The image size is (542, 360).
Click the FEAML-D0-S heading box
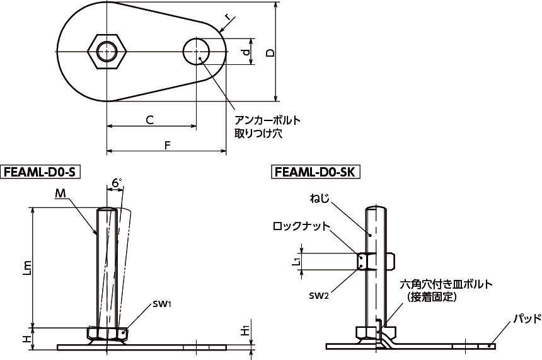[x=40, y=172]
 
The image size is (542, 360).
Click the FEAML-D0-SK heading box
[x=315, y=172]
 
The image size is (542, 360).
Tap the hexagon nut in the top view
[x=107, y=52]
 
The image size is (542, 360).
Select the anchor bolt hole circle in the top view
[x=196, y=51]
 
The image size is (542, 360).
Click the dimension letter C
[x=149, y=120]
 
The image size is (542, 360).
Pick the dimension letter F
[x=167, y=146]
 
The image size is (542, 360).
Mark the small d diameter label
[x=246, y=52]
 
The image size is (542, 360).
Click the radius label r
[x=227, y=16]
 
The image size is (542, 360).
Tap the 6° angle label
[x=117, y=182]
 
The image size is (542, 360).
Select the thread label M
[x=61, y=194]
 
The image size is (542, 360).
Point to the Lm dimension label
[x=28, y=267]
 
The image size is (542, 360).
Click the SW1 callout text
[x=163, y=305]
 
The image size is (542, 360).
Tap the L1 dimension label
[x=296, y=261]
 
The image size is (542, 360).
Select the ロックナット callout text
[x=301, y=226]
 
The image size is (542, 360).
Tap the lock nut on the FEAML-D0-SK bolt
[x=376, y=261]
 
